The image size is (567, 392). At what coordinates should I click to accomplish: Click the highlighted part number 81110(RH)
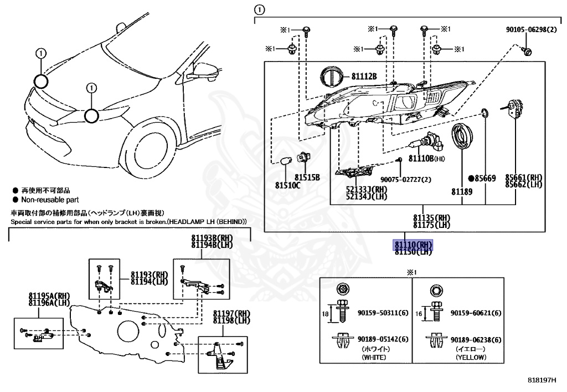pyautogui.click(x=413, y=244)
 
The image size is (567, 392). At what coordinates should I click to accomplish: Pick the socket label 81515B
pyautogui.click(x=307, y=177)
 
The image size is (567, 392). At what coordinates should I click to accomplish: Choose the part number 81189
pyautogui.click(x=461, y=191)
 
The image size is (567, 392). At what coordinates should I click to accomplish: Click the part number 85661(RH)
pyautogui.click(x=523, y=177)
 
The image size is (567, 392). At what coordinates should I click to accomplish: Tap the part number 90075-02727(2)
pyautogui.click(x=405, y=180)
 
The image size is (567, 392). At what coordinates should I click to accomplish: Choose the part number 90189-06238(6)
pyautogui.click(x=476, y=340)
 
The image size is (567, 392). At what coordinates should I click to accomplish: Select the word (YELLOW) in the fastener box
pyautogui.click(x=471, y=358)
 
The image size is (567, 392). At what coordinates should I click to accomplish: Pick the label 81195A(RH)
pyautogui.click(x=49, y=295)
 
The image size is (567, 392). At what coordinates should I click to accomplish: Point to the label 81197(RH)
pyautogui.click(x=231, y=313)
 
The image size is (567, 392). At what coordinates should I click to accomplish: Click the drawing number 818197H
pyautogui.click(x=540, y=381)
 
